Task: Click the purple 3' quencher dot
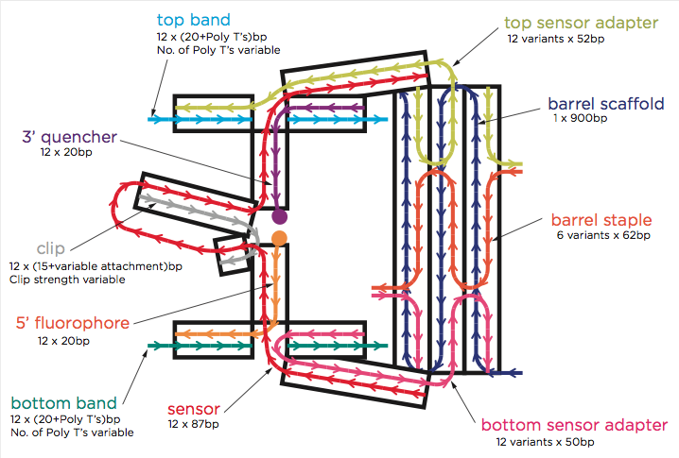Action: [279, 215]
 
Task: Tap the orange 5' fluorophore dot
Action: [279, 237]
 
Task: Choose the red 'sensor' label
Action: [193, 409]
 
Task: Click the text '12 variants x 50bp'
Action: [545, 442]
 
